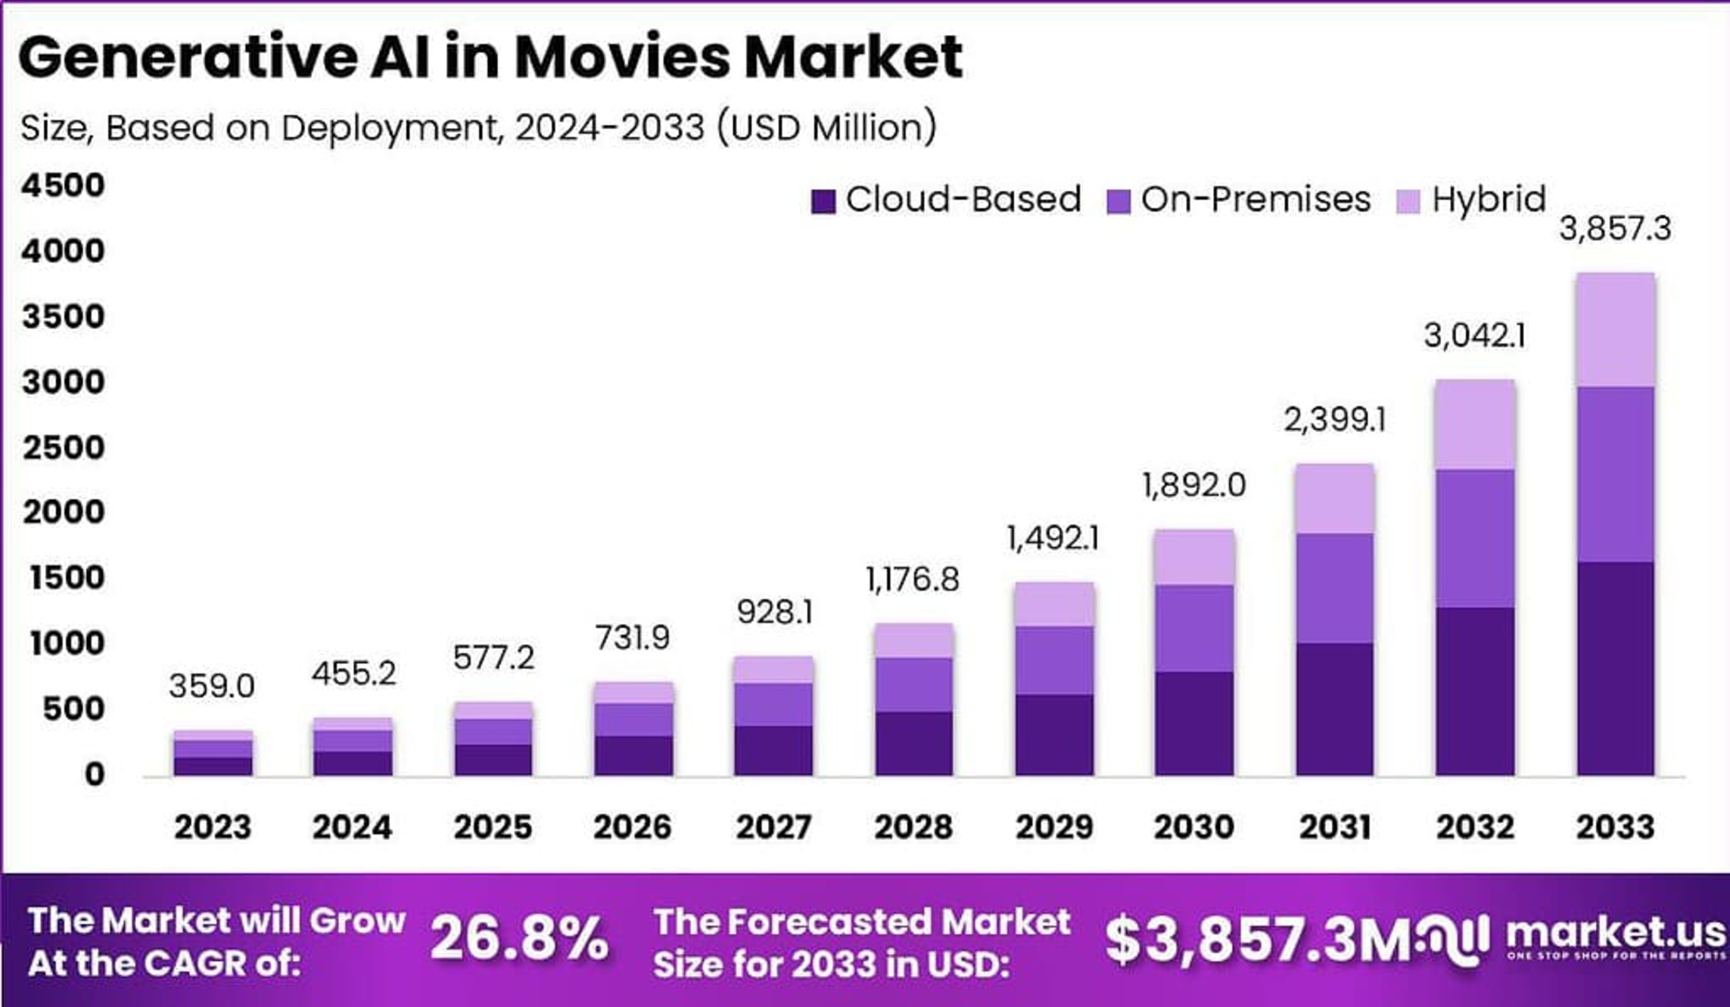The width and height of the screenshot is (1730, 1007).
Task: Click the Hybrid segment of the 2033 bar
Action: [x=1615, y=330]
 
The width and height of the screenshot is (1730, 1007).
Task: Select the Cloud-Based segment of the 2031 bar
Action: [x=1334, y=709]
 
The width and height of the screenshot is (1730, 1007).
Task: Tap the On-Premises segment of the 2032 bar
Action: [x=1475, y=538]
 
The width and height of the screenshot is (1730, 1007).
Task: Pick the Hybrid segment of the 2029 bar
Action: [x=1054, y=605]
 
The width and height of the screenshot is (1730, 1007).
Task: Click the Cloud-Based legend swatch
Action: [x=823, y=201]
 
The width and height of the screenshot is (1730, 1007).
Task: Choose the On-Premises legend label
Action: [x=1255, y=200]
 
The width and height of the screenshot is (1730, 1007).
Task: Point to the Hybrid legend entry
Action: [x=1471, y=200]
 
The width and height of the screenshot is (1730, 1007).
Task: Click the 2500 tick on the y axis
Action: [x=64, y=448]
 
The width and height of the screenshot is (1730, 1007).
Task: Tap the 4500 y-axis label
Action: [x=64, y=186]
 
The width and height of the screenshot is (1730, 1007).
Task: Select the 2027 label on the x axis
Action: [x=773, y=827]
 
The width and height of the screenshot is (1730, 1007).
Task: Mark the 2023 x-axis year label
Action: [x=213, y=827]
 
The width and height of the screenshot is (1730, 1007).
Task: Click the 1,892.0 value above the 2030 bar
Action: [x=1193, y=486]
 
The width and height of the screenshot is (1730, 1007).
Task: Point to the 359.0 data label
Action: [x=212, y=687]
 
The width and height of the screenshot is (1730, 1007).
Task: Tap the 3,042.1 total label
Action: [x=1475, y=336]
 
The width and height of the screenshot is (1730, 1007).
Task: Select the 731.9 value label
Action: [x=633, y=638]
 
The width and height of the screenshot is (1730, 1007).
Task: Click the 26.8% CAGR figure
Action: [x=519, y=939]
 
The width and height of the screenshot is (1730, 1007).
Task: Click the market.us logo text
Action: [x=1615, y=933]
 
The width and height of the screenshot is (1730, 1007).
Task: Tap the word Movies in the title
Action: [x=622, y=57]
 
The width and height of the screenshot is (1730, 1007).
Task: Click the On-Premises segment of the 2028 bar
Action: [x=914, y=685]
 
